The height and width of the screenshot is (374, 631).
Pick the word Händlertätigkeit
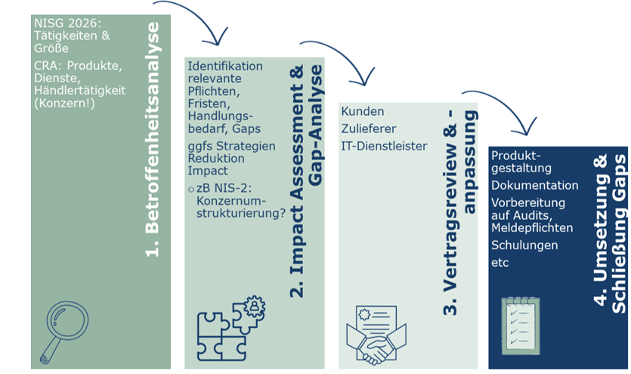[x=80, y=90]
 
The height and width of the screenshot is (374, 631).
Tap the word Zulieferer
[x=369, y=128]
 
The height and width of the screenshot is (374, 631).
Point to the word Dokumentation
[x=535, y=185]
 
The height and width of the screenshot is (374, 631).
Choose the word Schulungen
[x=524, y=245]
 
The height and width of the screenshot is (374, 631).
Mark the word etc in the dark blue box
[x=500, y=262]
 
